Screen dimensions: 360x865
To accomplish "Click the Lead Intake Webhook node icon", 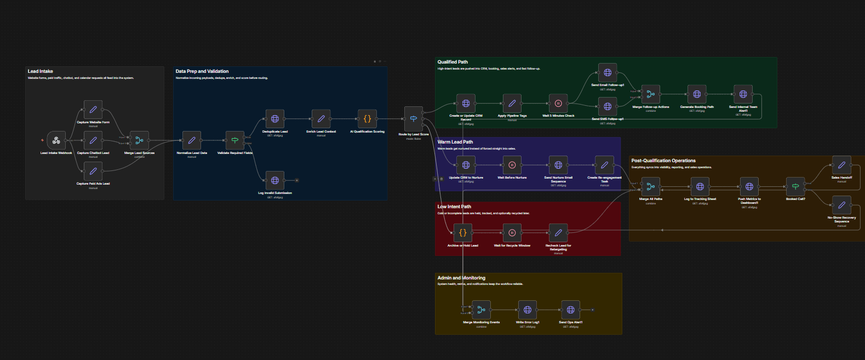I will pos(56,141).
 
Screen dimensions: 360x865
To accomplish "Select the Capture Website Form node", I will pos(93,110).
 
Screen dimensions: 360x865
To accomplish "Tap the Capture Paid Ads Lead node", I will pos(93,171).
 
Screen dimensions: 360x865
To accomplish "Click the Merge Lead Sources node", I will pos(139,140).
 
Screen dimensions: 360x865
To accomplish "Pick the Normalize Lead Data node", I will pos(192,140).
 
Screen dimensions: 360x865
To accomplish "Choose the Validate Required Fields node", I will pos(234,140).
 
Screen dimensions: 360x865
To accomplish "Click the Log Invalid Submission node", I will pos(275,180).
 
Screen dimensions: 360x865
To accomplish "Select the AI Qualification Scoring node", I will pos(367,119).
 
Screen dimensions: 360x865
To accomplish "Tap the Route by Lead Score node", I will pos(414,119).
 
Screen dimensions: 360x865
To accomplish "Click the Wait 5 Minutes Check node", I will pos(558,103).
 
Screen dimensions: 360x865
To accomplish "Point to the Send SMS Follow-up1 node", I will pos(608,106).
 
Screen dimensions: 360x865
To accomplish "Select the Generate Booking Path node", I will pos(697,94).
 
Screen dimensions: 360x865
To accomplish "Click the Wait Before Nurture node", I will pos(512,165).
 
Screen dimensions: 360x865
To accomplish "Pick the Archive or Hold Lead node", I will pos(463,233).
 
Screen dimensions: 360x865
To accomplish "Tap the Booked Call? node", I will pos(795,187).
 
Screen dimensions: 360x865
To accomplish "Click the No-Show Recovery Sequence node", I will pos(841,205).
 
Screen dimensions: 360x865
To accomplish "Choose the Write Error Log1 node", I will pos(528,310).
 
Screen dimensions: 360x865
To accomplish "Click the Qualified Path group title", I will pos(452,62).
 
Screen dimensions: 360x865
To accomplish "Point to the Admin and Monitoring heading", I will pos(461,278).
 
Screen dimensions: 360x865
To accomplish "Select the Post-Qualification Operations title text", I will pos(663,161).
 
